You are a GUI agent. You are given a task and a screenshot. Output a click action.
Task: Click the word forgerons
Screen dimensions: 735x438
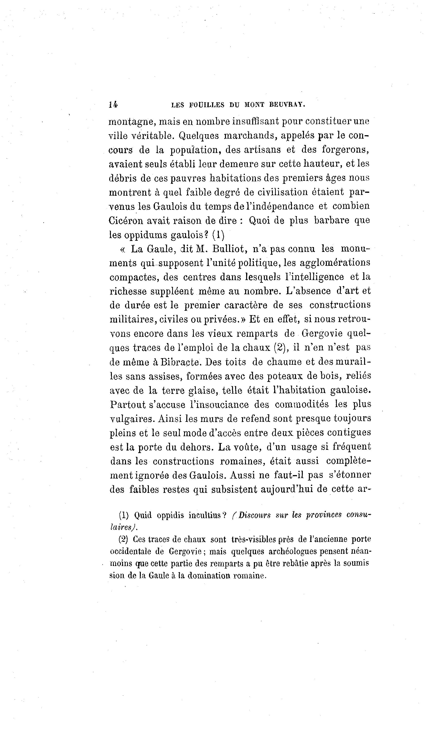click(345, 150)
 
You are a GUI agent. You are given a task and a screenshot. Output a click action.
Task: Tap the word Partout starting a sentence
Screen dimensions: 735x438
click(128, 405)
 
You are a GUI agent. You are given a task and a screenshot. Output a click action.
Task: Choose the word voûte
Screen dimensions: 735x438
click(244, 447)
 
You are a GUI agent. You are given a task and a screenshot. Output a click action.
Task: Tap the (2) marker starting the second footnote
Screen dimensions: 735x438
click(123, 539)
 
